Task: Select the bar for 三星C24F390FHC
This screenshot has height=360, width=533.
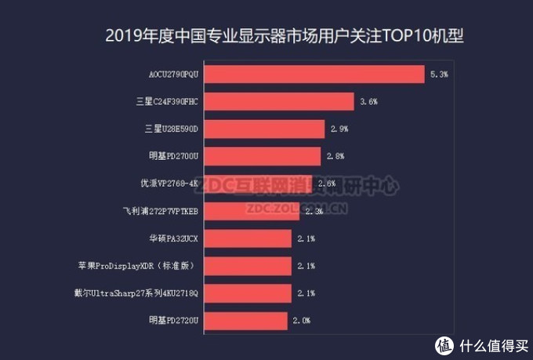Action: (x=283, y=102)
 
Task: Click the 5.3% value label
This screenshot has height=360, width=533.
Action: (x=439, y=75)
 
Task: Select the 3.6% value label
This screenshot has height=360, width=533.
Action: (x=368, y=102)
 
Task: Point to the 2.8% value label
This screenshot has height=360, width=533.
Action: (x=335, y=157)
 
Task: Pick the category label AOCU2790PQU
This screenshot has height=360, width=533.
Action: (x=174, y=75)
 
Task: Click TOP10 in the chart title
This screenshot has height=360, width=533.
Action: (x=386, y=36)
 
